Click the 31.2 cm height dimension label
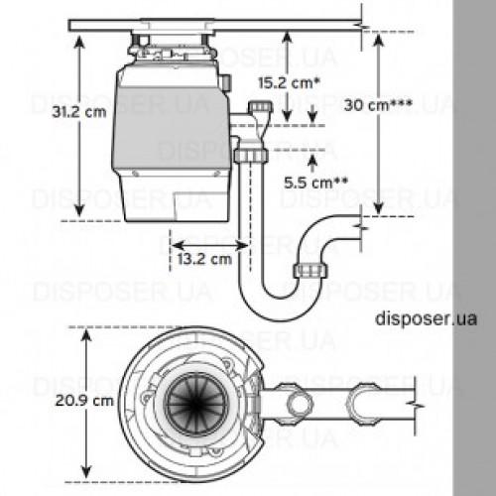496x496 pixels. pos(79,112)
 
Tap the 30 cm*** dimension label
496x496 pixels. pos(378,105)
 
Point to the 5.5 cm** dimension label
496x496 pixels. pos(316,183)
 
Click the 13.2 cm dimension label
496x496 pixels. pos(204,259)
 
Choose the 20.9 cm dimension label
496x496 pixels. pos(84,401)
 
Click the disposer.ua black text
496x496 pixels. pos(426,318)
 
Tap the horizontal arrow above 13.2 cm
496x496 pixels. pos(209,245)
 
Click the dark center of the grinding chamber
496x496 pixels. pos(196,404)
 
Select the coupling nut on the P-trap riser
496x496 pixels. pos(310,271)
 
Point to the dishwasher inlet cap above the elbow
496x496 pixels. pos(260,108)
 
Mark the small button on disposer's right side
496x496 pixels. pos(225,82)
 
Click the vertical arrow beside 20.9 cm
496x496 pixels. pos(86,404)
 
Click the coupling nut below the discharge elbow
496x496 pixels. pos(251,155)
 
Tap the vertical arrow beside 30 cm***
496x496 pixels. pos(379,124)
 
